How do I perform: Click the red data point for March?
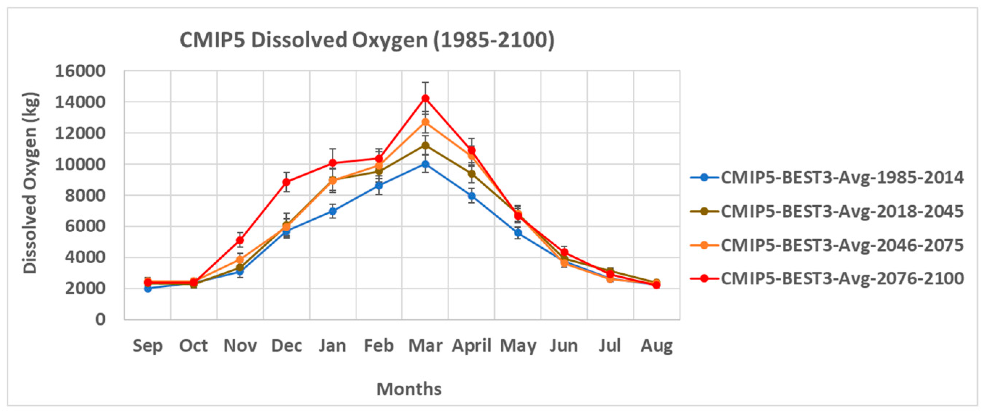(x=425, y=99)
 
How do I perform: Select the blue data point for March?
(x=425, y=164)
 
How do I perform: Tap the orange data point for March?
(x=425, y=122)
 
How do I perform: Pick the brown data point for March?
(x=425, y=145)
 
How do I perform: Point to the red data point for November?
(x=240, y=240)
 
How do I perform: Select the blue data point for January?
(x=333, y=211)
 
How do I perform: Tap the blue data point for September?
(x=148, y=288)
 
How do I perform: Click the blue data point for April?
(x=472, y=196)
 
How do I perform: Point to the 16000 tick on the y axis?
(x=80, y=71)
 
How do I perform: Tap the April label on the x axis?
(x=472, y=346)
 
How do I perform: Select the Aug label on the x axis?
(x=657, y=346)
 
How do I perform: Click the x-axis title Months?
(x=409, y=389)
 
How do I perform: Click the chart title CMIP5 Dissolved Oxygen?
(x=367, y=40)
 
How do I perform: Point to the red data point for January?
(x=333, y=163)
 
